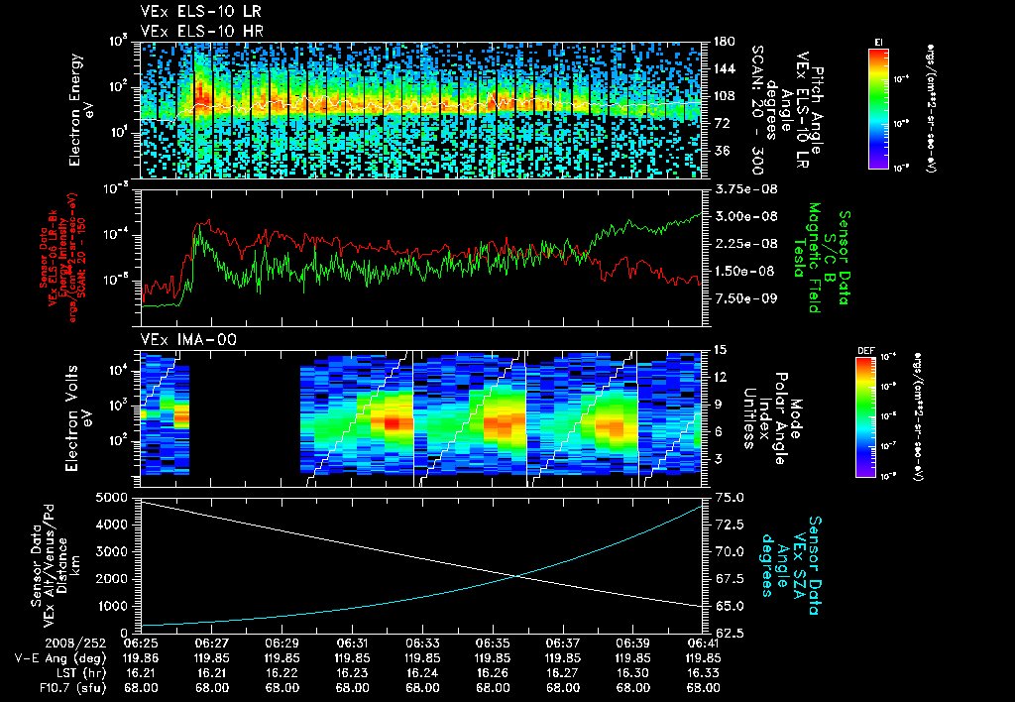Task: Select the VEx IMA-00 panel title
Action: click(180, 339)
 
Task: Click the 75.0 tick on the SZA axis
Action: click(730, 497)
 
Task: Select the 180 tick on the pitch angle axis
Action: click(723, 42)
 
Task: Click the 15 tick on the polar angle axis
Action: click(720, 350)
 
